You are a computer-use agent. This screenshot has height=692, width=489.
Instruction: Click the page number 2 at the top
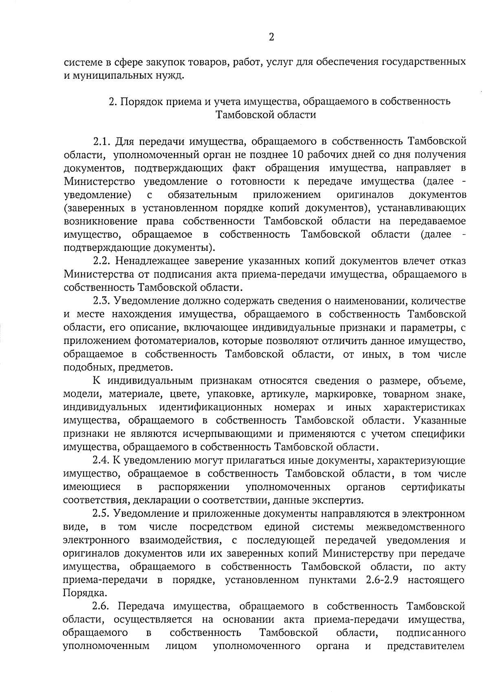[271, 38]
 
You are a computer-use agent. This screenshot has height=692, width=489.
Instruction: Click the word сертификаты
[434, 487]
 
